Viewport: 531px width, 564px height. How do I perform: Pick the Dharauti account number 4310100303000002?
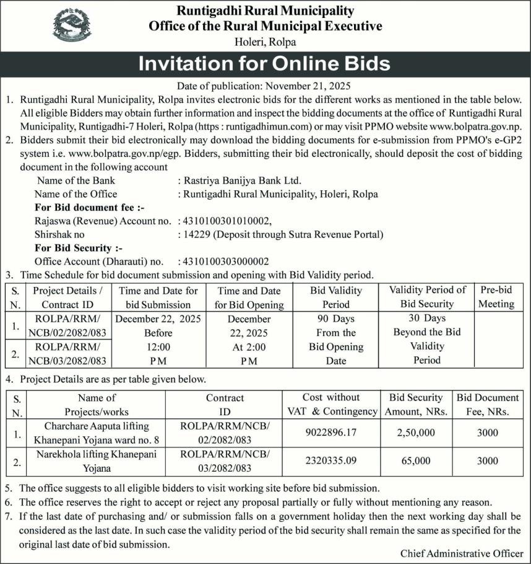(225, 261)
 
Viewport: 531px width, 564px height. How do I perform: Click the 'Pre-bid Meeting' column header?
(496, 297)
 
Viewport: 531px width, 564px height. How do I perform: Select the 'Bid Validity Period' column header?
(336, 297)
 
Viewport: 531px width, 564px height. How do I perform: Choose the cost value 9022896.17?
(332, 432)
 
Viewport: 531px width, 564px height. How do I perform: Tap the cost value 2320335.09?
(332, 460)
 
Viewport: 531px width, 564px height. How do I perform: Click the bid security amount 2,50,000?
(416, 432)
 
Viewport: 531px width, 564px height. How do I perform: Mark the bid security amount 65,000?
(416, 460)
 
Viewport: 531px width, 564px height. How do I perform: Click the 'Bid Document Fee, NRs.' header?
(488, 404)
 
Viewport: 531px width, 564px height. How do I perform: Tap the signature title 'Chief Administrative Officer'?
(461, 553)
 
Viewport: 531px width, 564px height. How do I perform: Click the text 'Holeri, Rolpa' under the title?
(265, 42)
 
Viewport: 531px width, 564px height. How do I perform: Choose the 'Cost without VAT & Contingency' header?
(332, 404)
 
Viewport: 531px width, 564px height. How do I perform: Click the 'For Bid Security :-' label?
(78, 248)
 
